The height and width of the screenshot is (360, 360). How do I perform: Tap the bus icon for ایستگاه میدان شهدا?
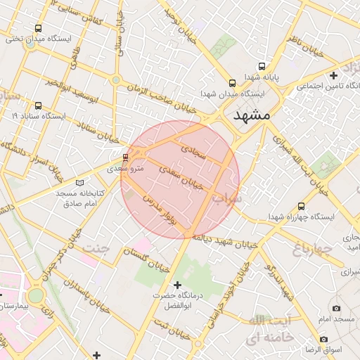[x=231, y=82]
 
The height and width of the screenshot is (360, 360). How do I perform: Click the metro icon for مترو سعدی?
[x=126, y=157]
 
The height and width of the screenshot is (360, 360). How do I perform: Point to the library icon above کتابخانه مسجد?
[x=79, y=181]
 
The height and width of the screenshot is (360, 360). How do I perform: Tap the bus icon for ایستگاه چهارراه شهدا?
[x=301, y=206]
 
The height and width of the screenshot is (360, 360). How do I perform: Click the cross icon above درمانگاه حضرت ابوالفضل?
[x=176, y=285]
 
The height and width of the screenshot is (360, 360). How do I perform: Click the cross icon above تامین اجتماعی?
[x=333, y=75]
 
